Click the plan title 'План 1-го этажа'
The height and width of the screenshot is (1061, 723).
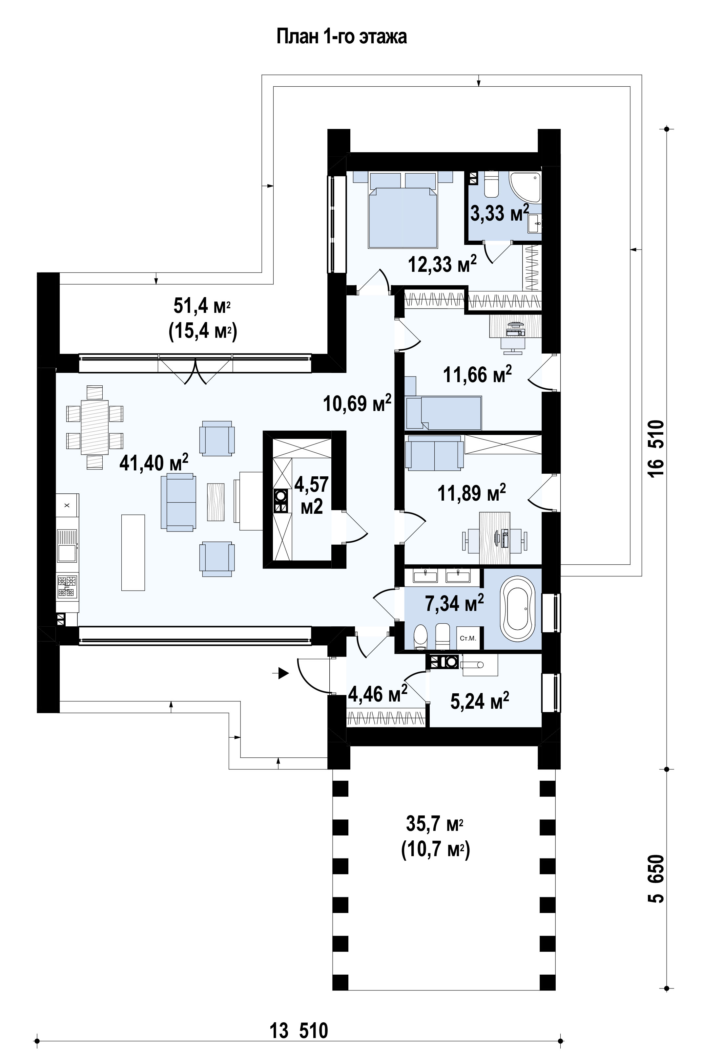342,36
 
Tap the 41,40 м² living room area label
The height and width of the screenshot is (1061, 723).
154,463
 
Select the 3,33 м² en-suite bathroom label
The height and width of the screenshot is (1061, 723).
500,213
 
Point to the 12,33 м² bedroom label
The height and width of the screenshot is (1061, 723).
443,264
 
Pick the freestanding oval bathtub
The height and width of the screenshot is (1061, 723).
517,609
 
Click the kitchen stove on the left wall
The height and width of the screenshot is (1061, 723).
67,587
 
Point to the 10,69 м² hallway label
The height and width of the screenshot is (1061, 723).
357,403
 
